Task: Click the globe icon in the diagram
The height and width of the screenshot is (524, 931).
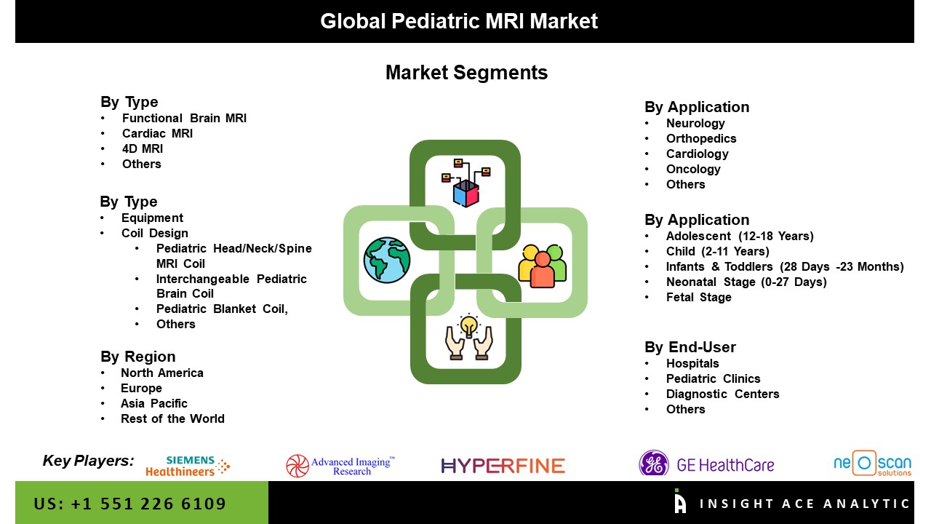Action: [x=387, y=261]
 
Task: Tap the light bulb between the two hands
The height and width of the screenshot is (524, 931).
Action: [x=469, y=325]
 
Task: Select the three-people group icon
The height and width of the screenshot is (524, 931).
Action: [x=543, y=266]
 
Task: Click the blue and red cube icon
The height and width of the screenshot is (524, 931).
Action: [x=466, y=193]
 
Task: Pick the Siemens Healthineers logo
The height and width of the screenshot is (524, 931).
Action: [x=188, y=466]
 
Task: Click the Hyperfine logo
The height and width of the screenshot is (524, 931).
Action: [x=503, y=466]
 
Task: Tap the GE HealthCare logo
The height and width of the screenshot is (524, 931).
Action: [x=706, y=464]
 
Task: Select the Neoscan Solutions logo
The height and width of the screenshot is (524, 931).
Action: [x=873, y=464]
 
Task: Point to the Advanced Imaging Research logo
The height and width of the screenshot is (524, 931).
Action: [x=340, y=466]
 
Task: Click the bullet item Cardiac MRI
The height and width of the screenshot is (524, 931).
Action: [x=157, y=133]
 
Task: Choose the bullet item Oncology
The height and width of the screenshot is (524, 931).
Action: [x=693, y=170]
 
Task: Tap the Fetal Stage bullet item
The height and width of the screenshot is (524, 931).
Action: [x=699, y=298]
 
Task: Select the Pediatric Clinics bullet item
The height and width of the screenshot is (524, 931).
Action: [x=714, y=379]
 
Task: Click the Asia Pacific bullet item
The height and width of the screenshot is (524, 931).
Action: [x=153, y=403]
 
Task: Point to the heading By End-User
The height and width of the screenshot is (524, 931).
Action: [x=690, y=347]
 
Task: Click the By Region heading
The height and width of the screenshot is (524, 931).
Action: [x=138, y=357]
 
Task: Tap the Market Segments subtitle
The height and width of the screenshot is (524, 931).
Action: [x=466, y=72]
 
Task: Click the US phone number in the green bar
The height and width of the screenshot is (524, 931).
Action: [x=129, y=504]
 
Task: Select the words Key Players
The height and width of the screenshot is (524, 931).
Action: [x=88, y=461]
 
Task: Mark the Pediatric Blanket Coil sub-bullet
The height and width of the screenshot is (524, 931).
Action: [x=222, y=309]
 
